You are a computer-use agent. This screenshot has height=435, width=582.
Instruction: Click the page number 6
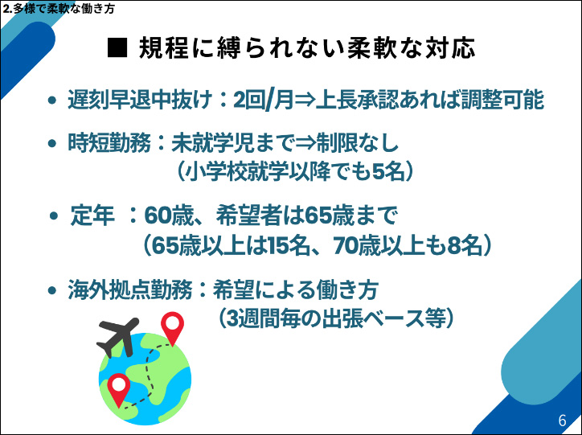tap(562, 421)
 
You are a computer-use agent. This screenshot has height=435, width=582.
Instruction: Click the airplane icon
tap(117, 339)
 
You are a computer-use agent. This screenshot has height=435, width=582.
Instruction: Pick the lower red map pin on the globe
tap(119, 389)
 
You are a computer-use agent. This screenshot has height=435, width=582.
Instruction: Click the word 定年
tap(92, 216)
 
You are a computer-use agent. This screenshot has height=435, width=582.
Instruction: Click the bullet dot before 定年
tap(54, 217)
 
